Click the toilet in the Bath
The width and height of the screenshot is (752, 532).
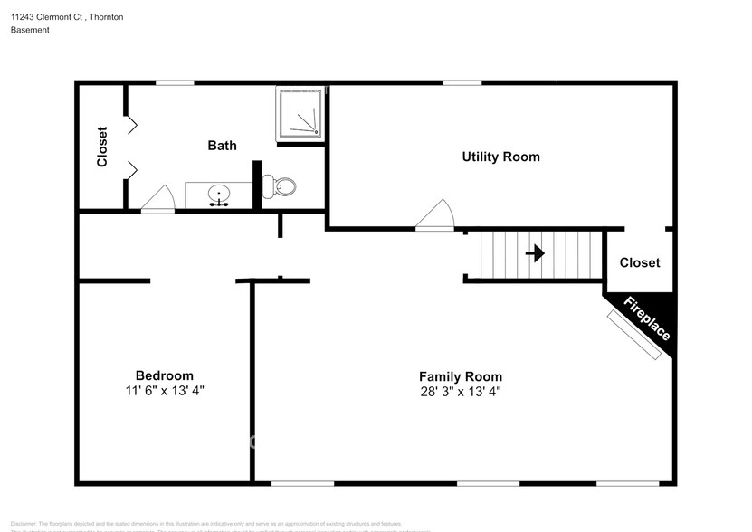(x=283, y=187)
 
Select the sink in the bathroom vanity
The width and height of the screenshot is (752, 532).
(x=218, y=194)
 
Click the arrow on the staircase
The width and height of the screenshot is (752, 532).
(x=535, y=253)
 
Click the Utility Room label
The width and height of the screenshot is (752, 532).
(x=500, y=157)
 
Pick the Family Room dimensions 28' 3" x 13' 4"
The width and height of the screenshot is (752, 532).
(x=460, y=392)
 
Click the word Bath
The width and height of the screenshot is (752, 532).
(x=222, y=145)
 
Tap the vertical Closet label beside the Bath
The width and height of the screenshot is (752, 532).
(x=102, y=146)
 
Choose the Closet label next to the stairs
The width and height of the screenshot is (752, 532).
(x=639, y=262)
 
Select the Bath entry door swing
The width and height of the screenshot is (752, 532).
(x=157, y=199)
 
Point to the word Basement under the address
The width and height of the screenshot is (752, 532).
(x=30, y=30)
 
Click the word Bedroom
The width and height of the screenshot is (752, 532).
(x=164, y=375)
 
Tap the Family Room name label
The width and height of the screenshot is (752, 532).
(x=460, y=376)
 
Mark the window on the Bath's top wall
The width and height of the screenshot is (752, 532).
(x=174, y=82)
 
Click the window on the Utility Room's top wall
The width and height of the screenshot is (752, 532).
(x=462, y=82)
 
